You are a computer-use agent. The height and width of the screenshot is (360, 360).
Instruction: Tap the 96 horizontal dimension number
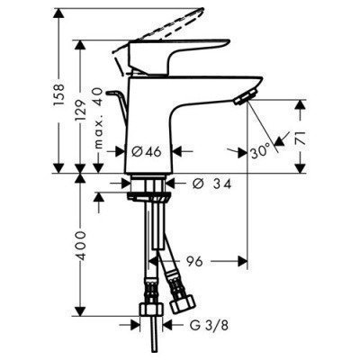[194, 263]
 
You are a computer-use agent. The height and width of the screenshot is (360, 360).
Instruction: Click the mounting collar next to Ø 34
[149, 187]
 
